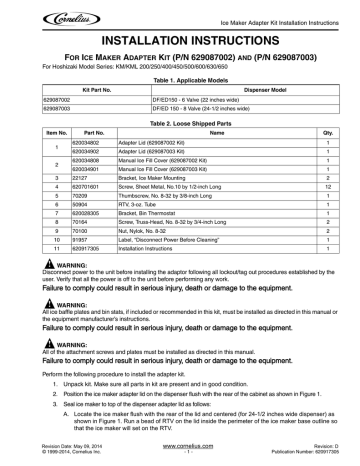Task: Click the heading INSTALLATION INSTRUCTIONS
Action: tap(180, 31)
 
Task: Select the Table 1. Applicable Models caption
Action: tap(180, 77)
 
